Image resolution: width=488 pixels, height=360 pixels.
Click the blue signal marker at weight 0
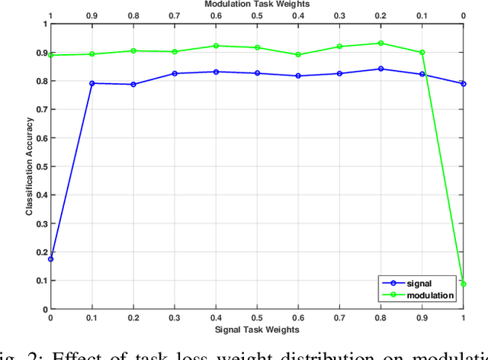tap(50, 259)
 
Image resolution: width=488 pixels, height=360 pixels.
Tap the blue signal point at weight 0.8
tap(381, 69)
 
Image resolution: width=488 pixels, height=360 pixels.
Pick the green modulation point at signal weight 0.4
tap(216, 46)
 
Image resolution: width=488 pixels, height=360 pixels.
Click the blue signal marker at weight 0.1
tap(91, 83)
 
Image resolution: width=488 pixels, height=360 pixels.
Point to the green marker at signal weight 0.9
tap(422, 53)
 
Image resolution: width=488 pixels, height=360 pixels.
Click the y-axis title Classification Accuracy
tap(29, 166)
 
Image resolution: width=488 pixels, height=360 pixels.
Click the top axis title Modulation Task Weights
tap(257, 5)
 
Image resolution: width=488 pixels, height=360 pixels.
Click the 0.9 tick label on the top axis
tap(91, 15)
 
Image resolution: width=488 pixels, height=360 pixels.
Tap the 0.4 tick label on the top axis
tap(298, 15)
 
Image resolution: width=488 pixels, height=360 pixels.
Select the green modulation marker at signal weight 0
tap(50, 55)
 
